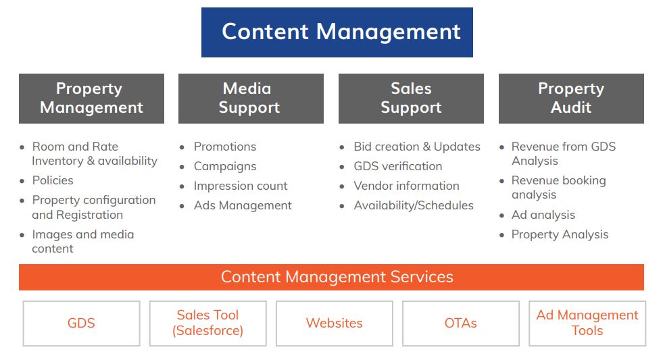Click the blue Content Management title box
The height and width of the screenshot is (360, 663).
(x=337, y=32)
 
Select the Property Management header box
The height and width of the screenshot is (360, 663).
(x=91, y=99)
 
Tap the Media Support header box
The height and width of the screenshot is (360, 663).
(x=251, y=99)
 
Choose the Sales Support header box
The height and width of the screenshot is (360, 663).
(x=411, y=99)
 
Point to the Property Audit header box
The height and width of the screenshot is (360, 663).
(x=571, y=99)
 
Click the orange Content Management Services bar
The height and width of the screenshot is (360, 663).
(x=331, y=277)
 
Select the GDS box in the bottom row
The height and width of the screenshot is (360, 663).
(x=81, y=324)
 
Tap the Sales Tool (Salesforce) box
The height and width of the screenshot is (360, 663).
(x=207, y=324)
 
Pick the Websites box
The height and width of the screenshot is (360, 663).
(x=334, y=324)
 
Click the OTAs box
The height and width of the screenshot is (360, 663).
(x=460, y=324)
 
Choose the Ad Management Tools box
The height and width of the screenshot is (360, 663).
(x=587, y=324)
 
